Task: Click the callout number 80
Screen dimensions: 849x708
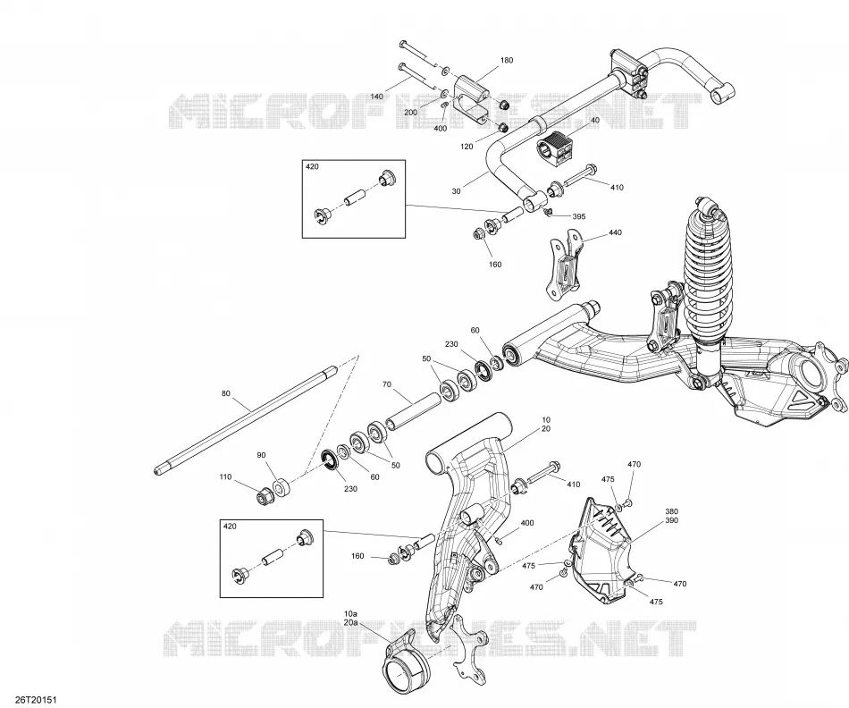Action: pos(226,394)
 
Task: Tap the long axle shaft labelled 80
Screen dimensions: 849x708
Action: pos(245,421)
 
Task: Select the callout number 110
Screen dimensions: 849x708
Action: pos(225,477)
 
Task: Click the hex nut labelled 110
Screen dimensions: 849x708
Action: pos(265,495)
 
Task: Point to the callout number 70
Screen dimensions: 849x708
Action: pos(387,384)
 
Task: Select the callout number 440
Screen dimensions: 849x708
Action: pos(615,232)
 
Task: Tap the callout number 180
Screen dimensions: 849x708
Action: pos(506,60)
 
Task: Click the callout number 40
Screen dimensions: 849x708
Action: pos(595,120)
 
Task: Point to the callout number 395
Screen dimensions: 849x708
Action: pos(579,216)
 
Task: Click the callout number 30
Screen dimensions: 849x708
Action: pos(457,191)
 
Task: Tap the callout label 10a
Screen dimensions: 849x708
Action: pos(351,614)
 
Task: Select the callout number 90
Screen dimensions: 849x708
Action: pos(262,456)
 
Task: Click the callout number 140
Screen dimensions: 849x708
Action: pos(377,97)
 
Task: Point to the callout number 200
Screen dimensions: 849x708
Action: pos(411,112)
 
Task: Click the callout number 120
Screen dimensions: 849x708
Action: pos(467,147)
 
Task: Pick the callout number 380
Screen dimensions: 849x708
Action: pos(671,511)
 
